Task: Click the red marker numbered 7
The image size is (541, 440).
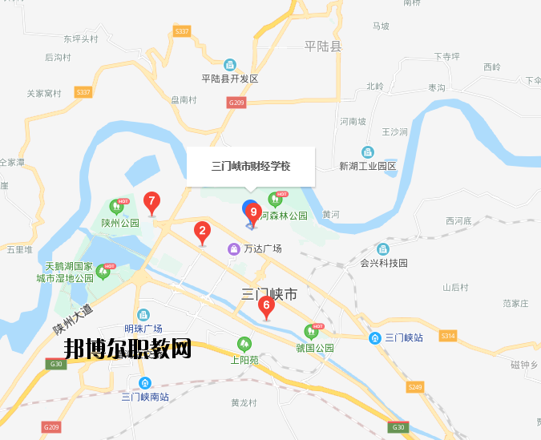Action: [x=151, y=202]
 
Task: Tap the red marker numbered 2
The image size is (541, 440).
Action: [x=203, y=232]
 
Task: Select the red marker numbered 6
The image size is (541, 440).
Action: [x=265, y=305]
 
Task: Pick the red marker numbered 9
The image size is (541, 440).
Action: [x=253, y=212]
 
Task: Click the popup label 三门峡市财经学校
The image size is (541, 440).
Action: [x=250, y=167]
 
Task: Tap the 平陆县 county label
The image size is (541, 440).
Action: [x=323, y=46]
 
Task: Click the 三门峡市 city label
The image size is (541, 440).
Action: [x=269, y=295]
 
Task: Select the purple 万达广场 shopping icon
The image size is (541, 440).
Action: [x=233, y=249]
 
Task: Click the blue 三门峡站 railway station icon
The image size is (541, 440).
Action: [x=375, y=338]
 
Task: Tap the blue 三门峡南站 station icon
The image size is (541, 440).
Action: [x=144, y=383]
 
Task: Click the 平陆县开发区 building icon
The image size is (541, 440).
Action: [x=230, y=65]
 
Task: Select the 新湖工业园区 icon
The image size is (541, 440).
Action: [x=368, y=152]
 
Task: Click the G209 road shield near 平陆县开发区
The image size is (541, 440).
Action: [x=236, y=103]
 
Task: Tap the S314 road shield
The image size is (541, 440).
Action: [x=447, y=335]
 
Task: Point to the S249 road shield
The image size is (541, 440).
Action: [x=414, y=387]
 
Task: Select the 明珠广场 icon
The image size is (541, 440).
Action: [x=143, y=315]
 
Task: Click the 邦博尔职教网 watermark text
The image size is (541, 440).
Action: [x=128, y=349]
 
